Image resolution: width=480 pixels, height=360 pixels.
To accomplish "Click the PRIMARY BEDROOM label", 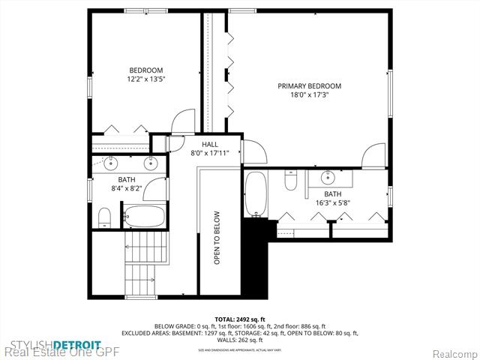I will (309, 86).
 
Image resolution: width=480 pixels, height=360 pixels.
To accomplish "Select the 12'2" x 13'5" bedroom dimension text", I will (145, 77).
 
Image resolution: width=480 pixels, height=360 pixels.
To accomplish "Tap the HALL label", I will (209, 143).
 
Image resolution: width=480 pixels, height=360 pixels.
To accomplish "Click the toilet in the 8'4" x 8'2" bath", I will (104, 217).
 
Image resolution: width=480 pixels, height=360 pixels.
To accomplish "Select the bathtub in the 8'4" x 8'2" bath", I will (142, 216).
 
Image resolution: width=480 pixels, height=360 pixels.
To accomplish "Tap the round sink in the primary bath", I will (328, 178).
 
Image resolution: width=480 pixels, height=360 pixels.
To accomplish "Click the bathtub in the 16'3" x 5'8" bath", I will (256, 193).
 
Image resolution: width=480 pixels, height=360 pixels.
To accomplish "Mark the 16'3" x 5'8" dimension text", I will (332, 202).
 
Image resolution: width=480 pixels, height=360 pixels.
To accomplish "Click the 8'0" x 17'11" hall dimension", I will (209, 152).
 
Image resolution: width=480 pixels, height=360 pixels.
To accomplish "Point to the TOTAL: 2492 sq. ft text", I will (239, 319).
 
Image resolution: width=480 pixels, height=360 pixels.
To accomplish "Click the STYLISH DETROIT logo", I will (51, 345).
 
